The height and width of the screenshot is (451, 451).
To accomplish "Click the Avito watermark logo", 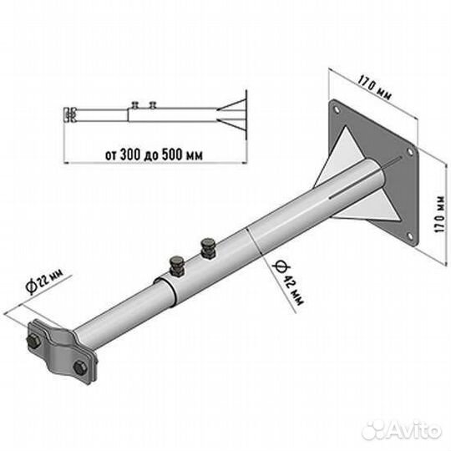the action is [402, 431].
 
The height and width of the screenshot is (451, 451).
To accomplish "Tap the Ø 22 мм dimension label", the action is [44, 281].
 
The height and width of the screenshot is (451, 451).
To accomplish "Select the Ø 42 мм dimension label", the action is [287, 283].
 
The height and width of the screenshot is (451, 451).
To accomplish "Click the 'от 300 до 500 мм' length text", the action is [154, 155].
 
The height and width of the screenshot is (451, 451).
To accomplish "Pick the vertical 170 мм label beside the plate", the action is [440, 215].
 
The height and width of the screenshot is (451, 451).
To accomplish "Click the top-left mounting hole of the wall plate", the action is [336, 109].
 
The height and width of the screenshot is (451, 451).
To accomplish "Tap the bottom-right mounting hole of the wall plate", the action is [410, 236].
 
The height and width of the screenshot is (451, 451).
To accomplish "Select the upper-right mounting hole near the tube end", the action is [409, 151].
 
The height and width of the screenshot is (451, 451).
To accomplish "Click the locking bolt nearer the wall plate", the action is [208, 249].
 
